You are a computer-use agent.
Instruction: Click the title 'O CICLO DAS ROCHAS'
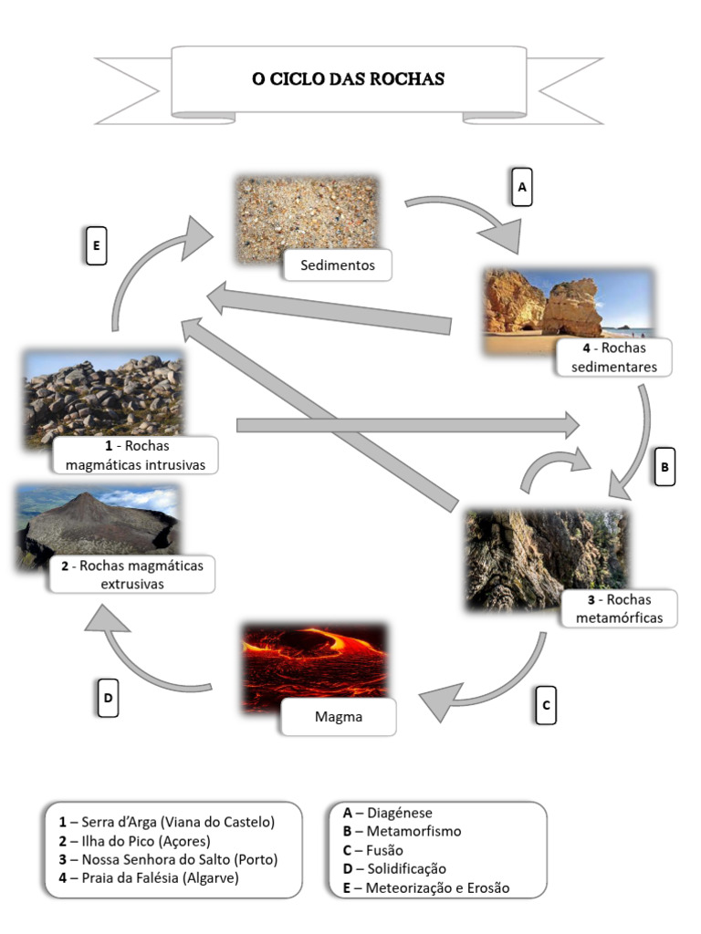348,78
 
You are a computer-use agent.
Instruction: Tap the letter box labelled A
521,187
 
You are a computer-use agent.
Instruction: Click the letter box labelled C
546,705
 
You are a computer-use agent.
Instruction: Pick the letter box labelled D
108,699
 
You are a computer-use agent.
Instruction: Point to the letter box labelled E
96,246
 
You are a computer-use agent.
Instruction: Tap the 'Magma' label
338,717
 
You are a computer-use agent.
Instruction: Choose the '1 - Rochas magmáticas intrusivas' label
135,455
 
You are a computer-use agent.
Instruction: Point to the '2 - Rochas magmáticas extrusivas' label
132,574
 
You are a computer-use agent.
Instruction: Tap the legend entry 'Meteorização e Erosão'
438,887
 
